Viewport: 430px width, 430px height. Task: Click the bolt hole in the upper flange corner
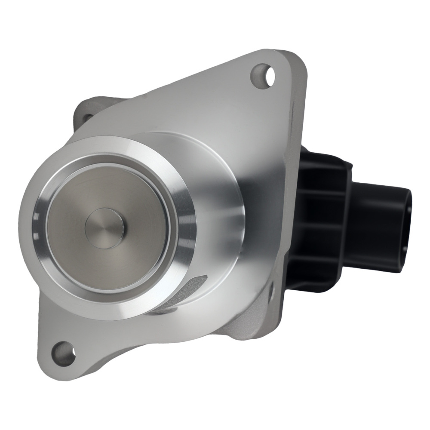(x=263, y=76)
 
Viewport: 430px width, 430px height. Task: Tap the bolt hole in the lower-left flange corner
(x=63, y=352)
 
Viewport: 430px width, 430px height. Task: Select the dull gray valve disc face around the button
(x=129, y=202)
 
